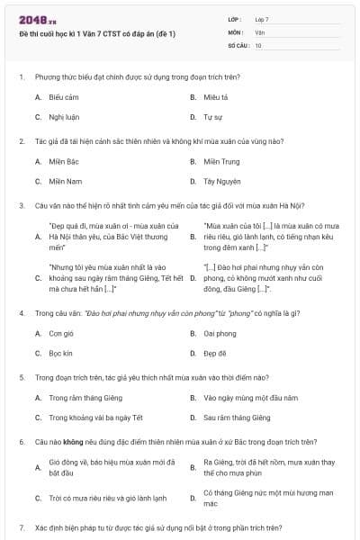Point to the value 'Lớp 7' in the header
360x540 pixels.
pos(261,19)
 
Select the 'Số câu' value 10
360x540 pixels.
pos(258,44)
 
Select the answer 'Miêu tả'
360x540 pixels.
pos(215,96)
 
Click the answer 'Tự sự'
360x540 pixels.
pos(212,117)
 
